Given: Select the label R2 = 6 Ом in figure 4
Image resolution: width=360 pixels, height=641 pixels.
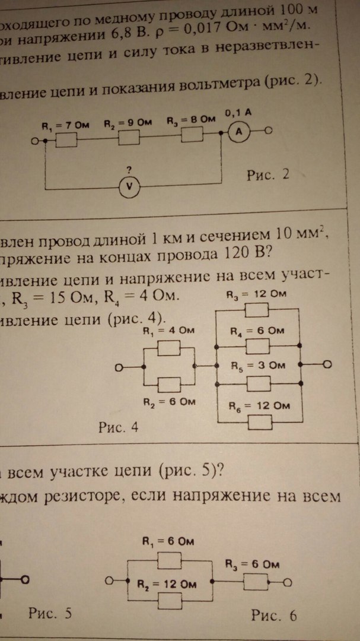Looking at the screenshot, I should point(168,402).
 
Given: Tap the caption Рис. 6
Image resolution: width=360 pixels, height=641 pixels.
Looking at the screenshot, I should point(273,616).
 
